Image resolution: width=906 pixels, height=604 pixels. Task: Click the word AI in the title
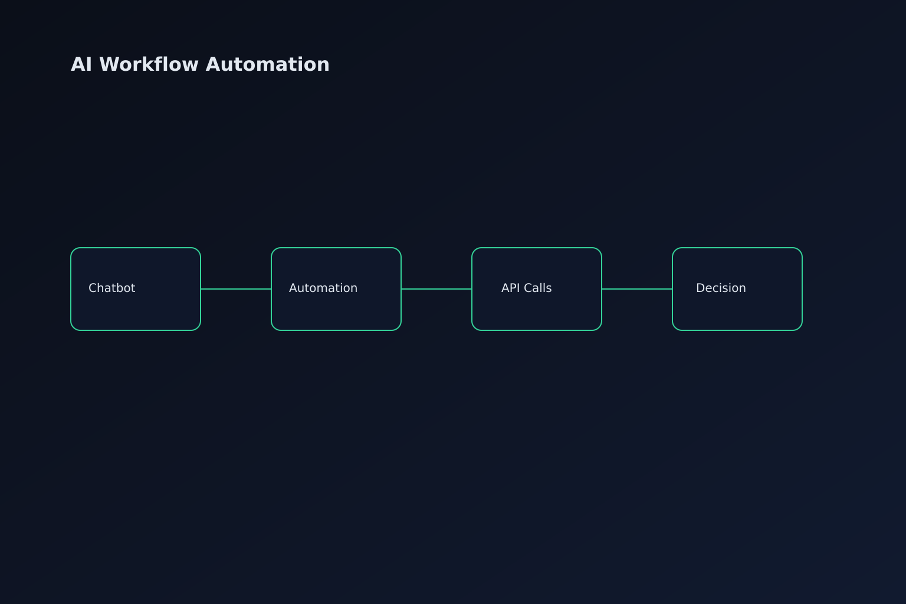(81, 64)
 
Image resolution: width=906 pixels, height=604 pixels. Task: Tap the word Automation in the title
(267, 64)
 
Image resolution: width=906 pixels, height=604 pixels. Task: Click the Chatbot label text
(111, 288)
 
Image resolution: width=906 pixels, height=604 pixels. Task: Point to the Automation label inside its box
(323, 288)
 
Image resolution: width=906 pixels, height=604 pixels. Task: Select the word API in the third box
(511, 288)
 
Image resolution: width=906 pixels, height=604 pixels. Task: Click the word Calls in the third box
(538, 288)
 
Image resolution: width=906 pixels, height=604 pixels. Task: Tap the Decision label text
(721, 288)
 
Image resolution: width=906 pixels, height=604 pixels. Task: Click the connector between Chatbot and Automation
(236, 289)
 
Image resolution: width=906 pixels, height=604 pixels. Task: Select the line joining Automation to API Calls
(436, 289)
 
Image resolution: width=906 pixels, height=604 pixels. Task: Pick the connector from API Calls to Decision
(637, 289)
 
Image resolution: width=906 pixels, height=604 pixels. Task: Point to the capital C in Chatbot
(92, 288)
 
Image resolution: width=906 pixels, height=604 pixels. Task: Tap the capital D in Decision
(700, 288)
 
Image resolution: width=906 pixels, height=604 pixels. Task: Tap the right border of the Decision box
(802, 289)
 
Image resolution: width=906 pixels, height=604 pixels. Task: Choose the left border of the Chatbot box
(71, 289)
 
